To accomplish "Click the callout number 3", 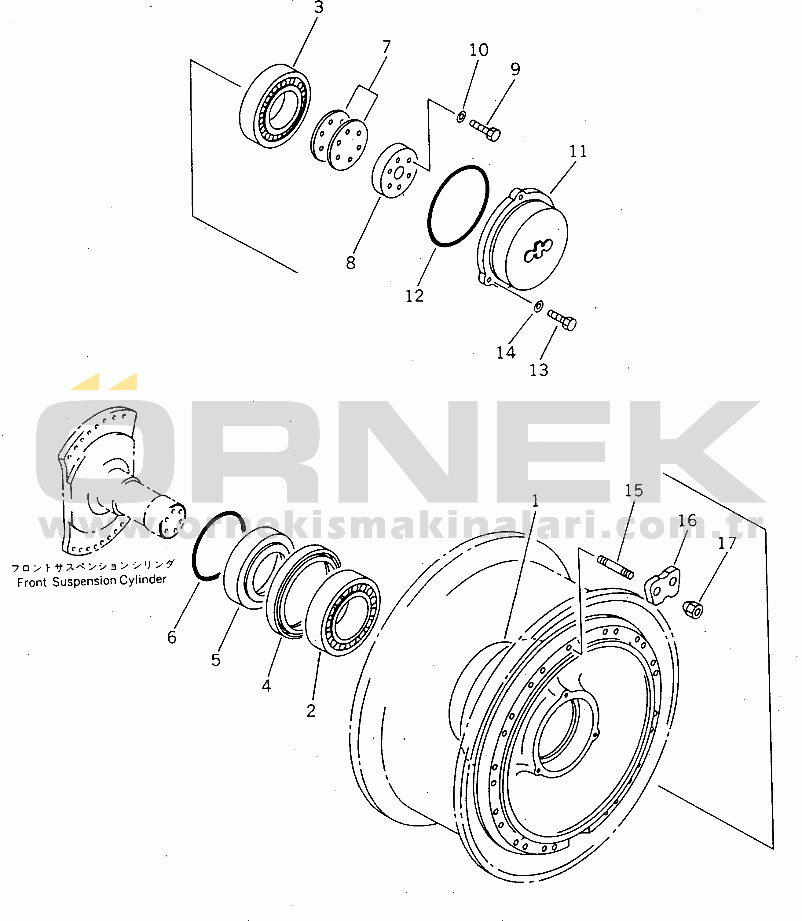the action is pyautogui.click(x=318, y=8).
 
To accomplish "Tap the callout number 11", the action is pyautogui.click(x=578, y=151).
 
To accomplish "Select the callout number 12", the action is pyautogui.click(x=414, y=296).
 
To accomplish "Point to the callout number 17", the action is pyautogui.click(x=727, y=543).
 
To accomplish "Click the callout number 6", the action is pyautogui.click(x=172, y=637).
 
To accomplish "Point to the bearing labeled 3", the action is pyautogui.click(x=275, y=106).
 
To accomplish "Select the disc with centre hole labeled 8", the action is pyautogui.click(x=395, y=171).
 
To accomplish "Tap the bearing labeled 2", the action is pyautogui.click(x=343, y=613).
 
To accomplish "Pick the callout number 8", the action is pyautogui.click(x=351, y=263).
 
